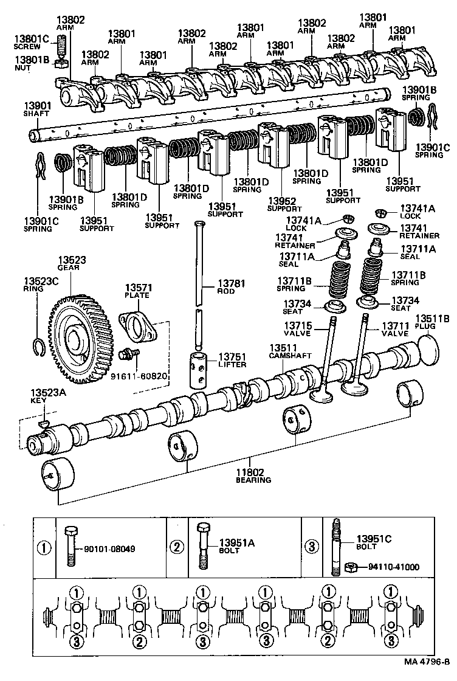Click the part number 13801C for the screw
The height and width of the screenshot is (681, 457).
[x=27, y=40]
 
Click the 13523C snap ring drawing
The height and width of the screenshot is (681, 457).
[x=37, y=347]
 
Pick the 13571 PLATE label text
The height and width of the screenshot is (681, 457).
[x=138, y=291]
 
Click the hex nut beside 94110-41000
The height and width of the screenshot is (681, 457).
[x=351, y=567]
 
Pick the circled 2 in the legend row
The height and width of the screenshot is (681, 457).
[x=177, y=547]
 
